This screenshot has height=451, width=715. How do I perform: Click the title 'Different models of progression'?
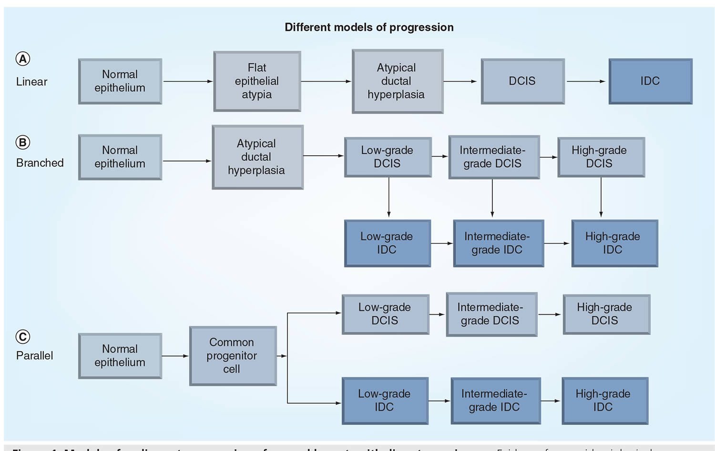tap(369, 27)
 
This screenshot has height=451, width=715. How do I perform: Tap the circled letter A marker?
tap(23, 59)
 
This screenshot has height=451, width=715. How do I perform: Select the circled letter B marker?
tap(23, 142)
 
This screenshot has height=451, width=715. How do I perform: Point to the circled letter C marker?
tap(23, 337)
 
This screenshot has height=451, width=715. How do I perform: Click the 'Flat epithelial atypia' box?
tap(257, 81)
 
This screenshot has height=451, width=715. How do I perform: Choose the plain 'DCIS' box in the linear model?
tap(522, 81)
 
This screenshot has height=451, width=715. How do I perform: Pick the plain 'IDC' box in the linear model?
tap(650, 81)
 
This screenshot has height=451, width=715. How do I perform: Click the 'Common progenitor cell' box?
tap(233, 355)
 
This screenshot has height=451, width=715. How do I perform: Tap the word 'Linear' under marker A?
tap(31, 81)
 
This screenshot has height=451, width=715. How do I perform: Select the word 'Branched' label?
tap(40, 163)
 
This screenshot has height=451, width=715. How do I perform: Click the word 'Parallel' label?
tap(34, 355)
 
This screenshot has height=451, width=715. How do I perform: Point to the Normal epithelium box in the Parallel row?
tap(120, 355)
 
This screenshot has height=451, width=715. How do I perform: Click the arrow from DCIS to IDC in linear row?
tap(586, 81)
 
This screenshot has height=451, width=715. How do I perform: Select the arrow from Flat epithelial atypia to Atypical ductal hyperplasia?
tap(326, 81)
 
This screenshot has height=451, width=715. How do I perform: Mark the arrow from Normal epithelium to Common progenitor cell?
tap(175, 356)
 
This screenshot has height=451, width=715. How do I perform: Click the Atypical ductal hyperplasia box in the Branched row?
tap(257, 157)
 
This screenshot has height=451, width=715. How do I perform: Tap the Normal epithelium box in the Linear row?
tap(120, 81)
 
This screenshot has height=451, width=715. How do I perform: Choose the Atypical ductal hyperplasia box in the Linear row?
tap(397, 81)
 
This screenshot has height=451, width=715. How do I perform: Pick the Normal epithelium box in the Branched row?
tap(120, 157)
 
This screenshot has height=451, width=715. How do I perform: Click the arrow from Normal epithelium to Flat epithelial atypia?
tap(188, 81)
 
